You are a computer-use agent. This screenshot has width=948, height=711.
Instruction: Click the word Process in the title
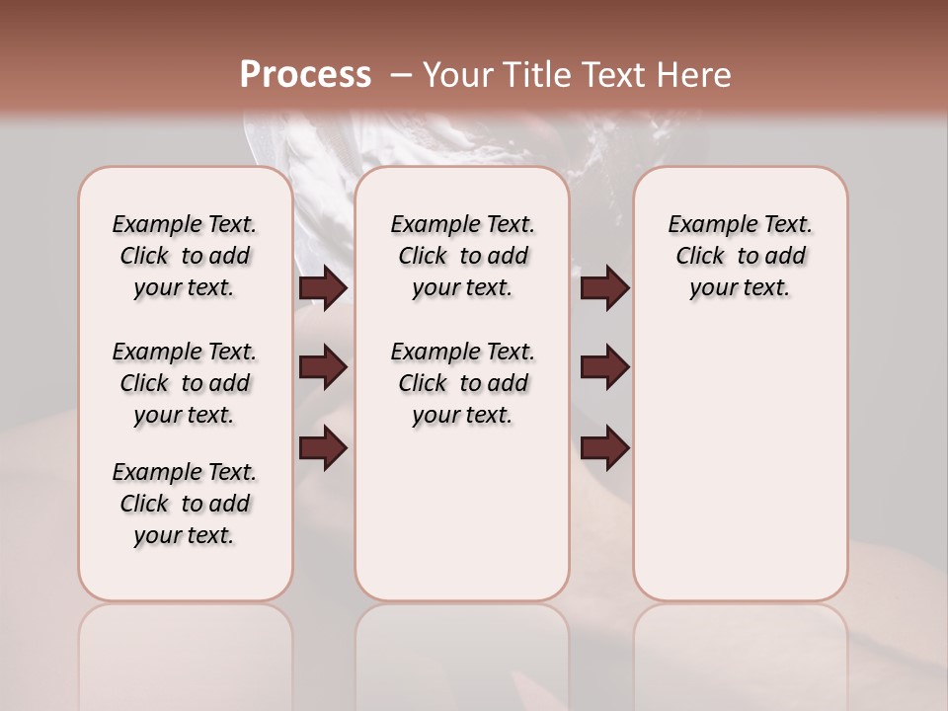click(x=305, y=74)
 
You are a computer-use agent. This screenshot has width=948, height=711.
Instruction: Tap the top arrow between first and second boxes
click(x=323, y=287)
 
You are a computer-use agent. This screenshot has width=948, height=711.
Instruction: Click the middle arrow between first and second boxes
click(x=323, y=368)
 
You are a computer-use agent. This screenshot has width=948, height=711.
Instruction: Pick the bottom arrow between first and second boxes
click(x=323, y=449)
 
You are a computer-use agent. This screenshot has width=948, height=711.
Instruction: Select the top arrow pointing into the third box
click(x=604, y=287)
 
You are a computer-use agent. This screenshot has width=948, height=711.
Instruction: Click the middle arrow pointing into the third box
click(x=604, y=368)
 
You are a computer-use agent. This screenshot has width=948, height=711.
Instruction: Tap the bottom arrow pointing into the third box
click(x=604, y=449)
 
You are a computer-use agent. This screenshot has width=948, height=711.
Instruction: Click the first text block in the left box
click(x=185, y=256)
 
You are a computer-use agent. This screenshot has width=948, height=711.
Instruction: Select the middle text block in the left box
click(x=185, y=383)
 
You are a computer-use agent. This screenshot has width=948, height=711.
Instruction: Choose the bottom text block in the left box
click(x=185, y=504)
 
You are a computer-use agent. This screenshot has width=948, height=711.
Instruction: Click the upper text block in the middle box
click(x=463, y=256)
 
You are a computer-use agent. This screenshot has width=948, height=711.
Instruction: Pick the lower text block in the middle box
click(x=463, y=383)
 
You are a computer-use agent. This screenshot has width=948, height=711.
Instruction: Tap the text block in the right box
click(x=741, y=256)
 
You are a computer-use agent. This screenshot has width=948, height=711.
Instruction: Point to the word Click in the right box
click(x=701, y=257)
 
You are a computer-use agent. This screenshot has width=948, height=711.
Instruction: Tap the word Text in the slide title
click(x=614, y=74)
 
